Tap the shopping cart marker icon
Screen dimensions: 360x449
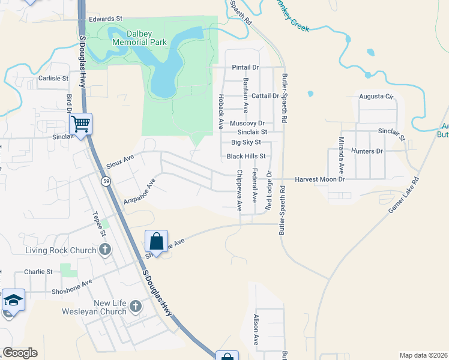[80, 124]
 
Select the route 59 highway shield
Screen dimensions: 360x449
[106, 181]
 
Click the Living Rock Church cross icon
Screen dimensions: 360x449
[105, 250]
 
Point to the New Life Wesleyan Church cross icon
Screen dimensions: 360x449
[136, 307]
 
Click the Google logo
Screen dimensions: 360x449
[20, 353]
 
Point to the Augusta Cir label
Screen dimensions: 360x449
[376, 96]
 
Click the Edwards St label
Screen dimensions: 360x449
[105, 19]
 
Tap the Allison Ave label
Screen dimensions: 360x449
[256, 329]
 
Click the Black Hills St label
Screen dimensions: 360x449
[246, 156]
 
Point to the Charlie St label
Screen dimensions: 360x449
[38, 272]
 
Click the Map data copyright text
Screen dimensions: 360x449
[424, 355]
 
